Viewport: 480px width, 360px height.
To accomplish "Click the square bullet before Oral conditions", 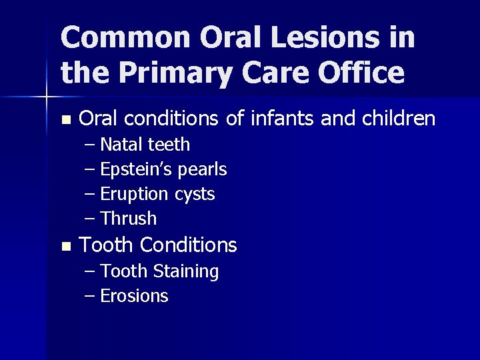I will click(65, 121).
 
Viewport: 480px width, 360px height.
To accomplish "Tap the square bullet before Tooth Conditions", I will click(65, 247).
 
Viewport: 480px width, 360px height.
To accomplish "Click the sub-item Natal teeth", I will click(145, 145).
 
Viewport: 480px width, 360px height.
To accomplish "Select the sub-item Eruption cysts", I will click(157, 195).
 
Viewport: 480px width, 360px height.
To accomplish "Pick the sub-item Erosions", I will click(134, 296).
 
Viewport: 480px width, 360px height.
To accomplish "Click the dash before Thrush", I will click(91, 219).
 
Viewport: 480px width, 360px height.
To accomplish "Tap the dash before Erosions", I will click(91, 297).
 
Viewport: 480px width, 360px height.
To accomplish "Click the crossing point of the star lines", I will click(46, 97).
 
